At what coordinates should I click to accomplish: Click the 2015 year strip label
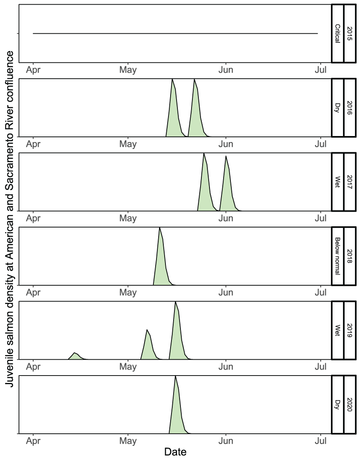point(349,33)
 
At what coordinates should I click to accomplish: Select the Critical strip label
point(337,33)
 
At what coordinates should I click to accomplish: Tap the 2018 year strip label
point(349,256)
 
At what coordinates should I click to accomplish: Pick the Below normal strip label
point(337,256)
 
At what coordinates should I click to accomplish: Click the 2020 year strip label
point(349,404)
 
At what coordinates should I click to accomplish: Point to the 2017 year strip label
point(349,182)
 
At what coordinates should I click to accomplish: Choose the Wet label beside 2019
point(337,330)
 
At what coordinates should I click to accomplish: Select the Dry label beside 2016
point(337,108)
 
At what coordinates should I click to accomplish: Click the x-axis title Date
point(175,452)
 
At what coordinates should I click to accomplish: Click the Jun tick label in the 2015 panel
point(225,70)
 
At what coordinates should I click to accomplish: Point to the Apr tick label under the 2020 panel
point(33,441)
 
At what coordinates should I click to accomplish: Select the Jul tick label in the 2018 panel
point(321,293)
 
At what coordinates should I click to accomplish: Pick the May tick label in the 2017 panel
point(128,218)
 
